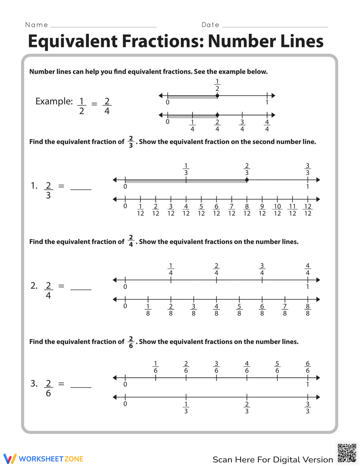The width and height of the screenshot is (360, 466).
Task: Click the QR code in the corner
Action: [x=347, y=453]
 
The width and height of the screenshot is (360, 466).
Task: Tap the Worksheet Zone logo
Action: [x=44, y=459]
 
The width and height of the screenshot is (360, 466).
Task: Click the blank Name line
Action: [x=104, y=26]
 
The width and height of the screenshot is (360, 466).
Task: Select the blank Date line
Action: [x=275, y=26]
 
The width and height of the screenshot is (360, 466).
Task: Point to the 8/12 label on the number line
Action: [x=247, y=210]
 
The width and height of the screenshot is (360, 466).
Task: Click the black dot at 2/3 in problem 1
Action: [x=247, y=180]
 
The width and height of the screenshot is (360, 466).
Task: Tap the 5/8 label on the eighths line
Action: [x=239, y=310]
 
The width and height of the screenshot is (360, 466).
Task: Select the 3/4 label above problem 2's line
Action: [x=262, y=269]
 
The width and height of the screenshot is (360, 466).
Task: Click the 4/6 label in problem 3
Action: [x=247, y=367]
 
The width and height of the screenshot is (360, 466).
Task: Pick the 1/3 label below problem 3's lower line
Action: [x=186, y=408]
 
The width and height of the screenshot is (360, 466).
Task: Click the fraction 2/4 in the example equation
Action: [x=107, y=106]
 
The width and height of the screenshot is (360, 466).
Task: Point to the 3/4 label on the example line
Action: [x=242, y=126]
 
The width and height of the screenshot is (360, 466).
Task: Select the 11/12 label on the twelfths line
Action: [x=292, y=210]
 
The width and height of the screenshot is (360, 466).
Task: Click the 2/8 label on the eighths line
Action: [x=171, y=310]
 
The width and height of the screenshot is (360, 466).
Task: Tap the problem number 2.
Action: [x=34, y=286]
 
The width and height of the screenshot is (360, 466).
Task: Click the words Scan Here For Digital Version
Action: [x=273, y=460]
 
